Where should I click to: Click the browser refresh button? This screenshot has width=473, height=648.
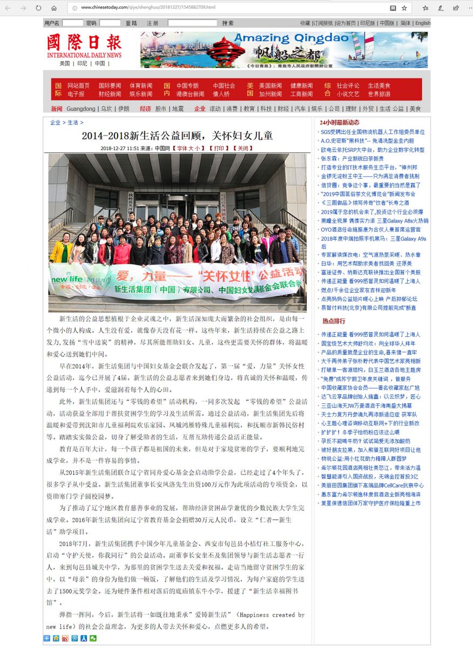38,8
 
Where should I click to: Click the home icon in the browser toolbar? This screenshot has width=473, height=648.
53,8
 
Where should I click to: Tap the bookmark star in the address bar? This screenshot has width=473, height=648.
404,8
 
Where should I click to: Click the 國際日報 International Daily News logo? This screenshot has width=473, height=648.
84,46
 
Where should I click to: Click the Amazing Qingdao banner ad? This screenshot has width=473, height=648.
283,50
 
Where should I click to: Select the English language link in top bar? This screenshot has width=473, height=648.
423,23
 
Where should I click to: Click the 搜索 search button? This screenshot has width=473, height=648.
228,23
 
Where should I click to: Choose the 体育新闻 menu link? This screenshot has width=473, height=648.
141,85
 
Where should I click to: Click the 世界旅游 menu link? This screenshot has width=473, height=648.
379,94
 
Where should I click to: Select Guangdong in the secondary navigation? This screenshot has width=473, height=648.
81,109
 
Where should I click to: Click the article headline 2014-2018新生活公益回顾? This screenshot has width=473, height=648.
177,136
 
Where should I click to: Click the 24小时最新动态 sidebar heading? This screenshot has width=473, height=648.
340,122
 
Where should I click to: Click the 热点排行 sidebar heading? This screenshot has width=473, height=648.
334,321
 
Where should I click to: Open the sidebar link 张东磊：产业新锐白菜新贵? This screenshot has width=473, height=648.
352,159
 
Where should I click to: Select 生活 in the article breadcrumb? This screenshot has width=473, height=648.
73,123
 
